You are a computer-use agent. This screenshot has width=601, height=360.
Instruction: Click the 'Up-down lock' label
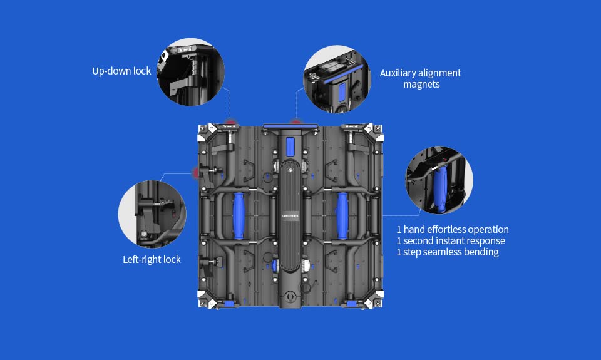click(121, 71)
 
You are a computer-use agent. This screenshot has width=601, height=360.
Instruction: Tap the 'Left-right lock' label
click(152, 260)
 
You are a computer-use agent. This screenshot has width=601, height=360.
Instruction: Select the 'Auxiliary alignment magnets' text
click(421, 79)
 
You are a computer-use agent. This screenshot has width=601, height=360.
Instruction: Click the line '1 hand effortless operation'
click(453, 229)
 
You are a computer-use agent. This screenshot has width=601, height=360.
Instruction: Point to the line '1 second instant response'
click(451, 241)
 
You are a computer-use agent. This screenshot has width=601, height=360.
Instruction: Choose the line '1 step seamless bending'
click(448, 252)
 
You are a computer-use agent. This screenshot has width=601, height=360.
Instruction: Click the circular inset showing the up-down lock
click(190, 72)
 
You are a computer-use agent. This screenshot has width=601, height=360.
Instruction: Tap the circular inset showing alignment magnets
click(337, 79)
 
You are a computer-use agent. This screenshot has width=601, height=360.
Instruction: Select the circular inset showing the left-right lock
click(152, 214)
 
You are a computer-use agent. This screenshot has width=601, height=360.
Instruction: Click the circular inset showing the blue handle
click(439, 180)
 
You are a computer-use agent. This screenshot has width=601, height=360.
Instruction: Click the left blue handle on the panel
click(239, 216)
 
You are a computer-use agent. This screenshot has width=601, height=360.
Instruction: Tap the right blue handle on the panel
click(342, 216)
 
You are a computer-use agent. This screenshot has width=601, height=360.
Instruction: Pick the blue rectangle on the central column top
click(290, 147)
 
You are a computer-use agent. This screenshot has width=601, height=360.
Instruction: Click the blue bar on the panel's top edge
click(290, 126)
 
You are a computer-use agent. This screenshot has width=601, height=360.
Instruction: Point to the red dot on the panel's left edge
click(196, 173)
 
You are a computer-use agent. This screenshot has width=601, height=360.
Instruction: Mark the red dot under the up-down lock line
click(230, 123)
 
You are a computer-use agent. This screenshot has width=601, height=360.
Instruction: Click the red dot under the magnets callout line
click(296, 121)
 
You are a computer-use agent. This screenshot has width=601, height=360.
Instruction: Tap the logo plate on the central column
click(290, 216)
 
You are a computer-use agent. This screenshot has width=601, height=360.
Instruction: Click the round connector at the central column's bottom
click(290, 296)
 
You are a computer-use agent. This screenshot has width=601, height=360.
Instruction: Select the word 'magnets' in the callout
click(421, 85)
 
